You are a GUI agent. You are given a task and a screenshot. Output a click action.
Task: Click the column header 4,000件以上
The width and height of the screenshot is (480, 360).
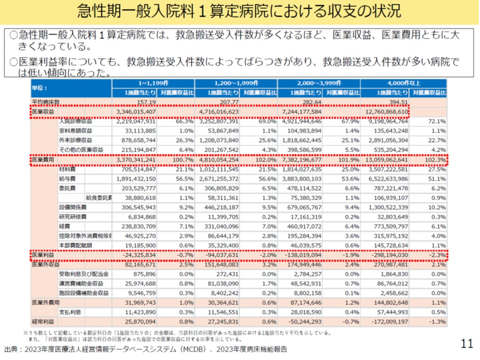tap(404, 83)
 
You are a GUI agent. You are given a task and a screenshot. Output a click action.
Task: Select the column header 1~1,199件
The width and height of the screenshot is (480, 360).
tap(153, 83)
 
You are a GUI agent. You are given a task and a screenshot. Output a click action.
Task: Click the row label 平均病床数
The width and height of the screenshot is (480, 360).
tap(42, 102)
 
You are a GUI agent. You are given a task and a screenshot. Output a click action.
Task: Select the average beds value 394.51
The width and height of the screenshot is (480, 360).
tap(397, 102)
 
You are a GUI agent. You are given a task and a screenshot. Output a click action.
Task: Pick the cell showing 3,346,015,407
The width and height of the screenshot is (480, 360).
tap(132, 112)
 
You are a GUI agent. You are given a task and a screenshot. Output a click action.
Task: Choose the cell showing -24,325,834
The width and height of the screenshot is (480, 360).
tap(137, 254)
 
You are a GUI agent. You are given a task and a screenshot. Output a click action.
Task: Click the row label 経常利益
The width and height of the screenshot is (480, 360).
tap(41, 321)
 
